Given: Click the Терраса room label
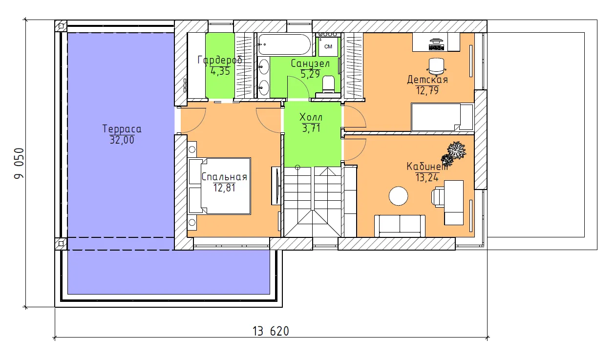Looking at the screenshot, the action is [x=122, y=128].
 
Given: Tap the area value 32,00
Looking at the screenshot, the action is [x=122, y=140].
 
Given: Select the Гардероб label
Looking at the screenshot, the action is [x=220, y=60].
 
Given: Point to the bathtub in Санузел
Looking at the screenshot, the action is [x=285, y=44].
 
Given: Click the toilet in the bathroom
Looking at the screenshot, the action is [x=328, y=84].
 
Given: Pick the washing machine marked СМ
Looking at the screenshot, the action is [x=328, y=46].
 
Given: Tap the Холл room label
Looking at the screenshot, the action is [x=311, y=117].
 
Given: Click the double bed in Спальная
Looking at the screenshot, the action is [x=219, y=186].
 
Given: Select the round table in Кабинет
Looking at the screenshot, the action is [x=398, y=196].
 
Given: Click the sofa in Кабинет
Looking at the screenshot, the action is [x=400, y=226].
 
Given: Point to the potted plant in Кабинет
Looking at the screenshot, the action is [x=453, y=154].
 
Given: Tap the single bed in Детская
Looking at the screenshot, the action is [x=442, y=117].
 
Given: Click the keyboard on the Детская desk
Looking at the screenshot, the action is [x=436, y=47].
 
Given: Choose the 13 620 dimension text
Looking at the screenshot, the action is [x=271, y=331].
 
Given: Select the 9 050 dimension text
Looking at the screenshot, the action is [x=19, y=163].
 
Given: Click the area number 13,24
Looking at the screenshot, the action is [x=427, y=178].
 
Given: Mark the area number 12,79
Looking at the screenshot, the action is [x=427, y=90].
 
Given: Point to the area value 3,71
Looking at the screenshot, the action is [x=311, y=128].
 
